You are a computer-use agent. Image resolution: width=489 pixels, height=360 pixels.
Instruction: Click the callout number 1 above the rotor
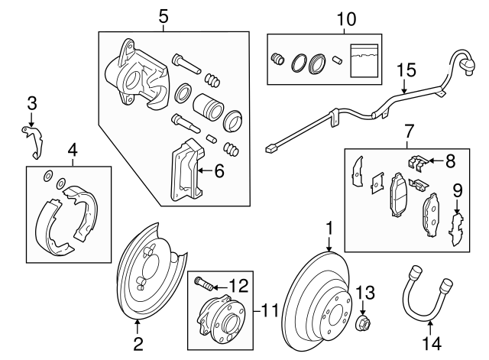click(x=329, y=228)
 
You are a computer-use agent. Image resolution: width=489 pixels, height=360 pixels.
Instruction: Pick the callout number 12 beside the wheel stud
click(x=409, y=131)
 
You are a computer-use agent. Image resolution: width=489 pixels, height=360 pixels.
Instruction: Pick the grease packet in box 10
click(x=364, y=60)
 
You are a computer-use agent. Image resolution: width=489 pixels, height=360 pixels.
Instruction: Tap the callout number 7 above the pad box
click(x=409, y=131)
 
